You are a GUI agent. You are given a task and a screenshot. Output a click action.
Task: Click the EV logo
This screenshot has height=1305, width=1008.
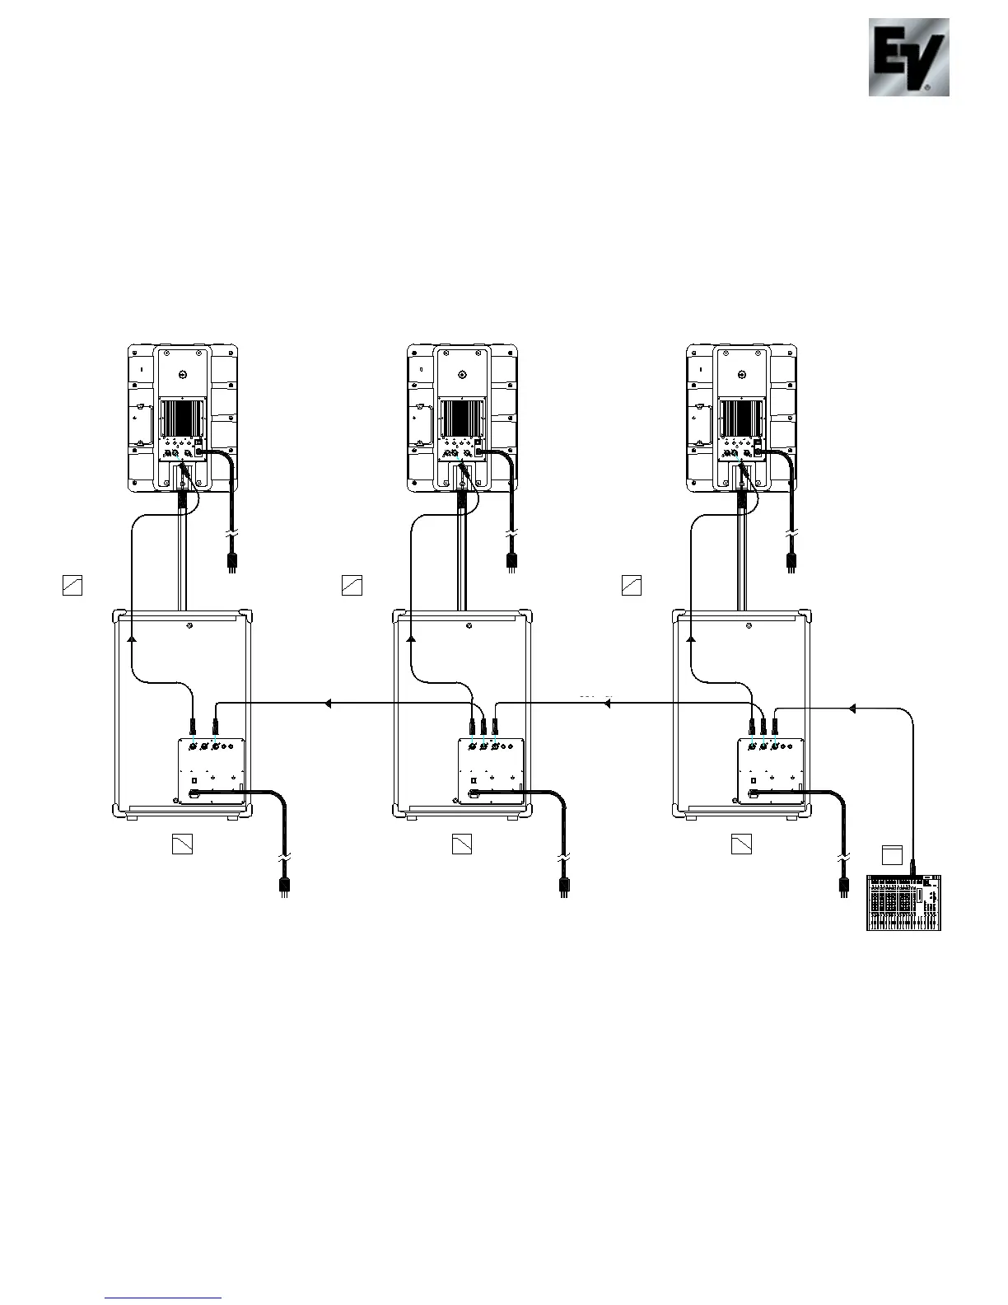click(908, 57)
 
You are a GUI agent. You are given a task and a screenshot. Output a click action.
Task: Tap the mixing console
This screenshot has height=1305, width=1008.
click(903, 903)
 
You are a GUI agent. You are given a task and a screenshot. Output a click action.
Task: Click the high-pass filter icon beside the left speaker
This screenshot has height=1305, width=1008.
click(72, 585)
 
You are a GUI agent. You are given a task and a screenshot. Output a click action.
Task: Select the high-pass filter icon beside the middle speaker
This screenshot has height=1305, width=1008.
click(352, 585)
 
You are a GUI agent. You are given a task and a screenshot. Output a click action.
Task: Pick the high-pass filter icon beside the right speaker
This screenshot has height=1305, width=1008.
click(632, 585)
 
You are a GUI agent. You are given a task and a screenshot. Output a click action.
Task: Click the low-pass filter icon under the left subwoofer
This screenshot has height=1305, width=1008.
click(183, 844)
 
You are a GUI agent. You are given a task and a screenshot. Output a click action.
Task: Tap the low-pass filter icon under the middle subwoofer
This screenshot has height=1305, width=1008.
click(462, 844)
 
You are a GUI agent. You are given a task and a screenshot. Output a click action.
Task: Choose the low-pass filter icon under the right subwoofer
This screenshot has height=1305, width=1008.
click(741, 844)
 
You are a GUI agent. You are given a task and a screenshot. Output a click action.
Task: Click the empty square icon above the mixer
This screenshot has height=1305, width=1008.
click(892, 855)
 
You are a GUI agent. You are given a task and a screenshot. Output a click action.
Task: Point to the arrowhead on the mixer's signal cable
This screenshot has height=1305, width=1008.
click(852, 709)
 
